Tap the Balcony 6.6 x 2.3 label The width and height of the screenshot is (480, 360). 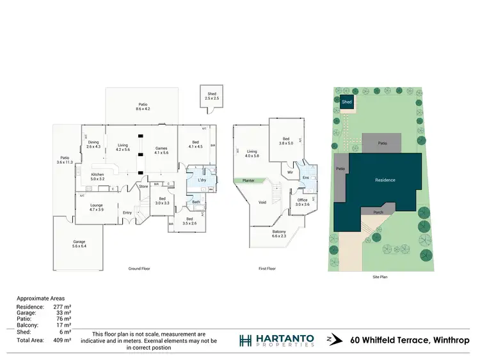click(x=279, y=233)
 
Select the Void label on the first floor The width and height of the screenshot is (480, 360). click(x=262, y=202)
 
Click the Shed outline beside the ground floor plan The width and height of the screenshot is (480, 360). click(x=212, y=96)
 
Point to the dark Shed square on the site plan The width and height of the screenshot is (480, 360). click(x=346, y=102)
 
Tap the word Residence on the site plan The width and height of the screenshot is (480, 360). click(x=385, y=180)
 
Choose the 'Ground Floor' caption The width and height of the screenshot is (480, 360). click(x=139, y=269)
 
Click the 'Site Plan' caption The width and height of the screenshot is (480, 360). click(x=380, y=277)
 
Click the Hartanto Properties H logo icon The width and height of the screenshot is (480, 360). click(x=245, y=340)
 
